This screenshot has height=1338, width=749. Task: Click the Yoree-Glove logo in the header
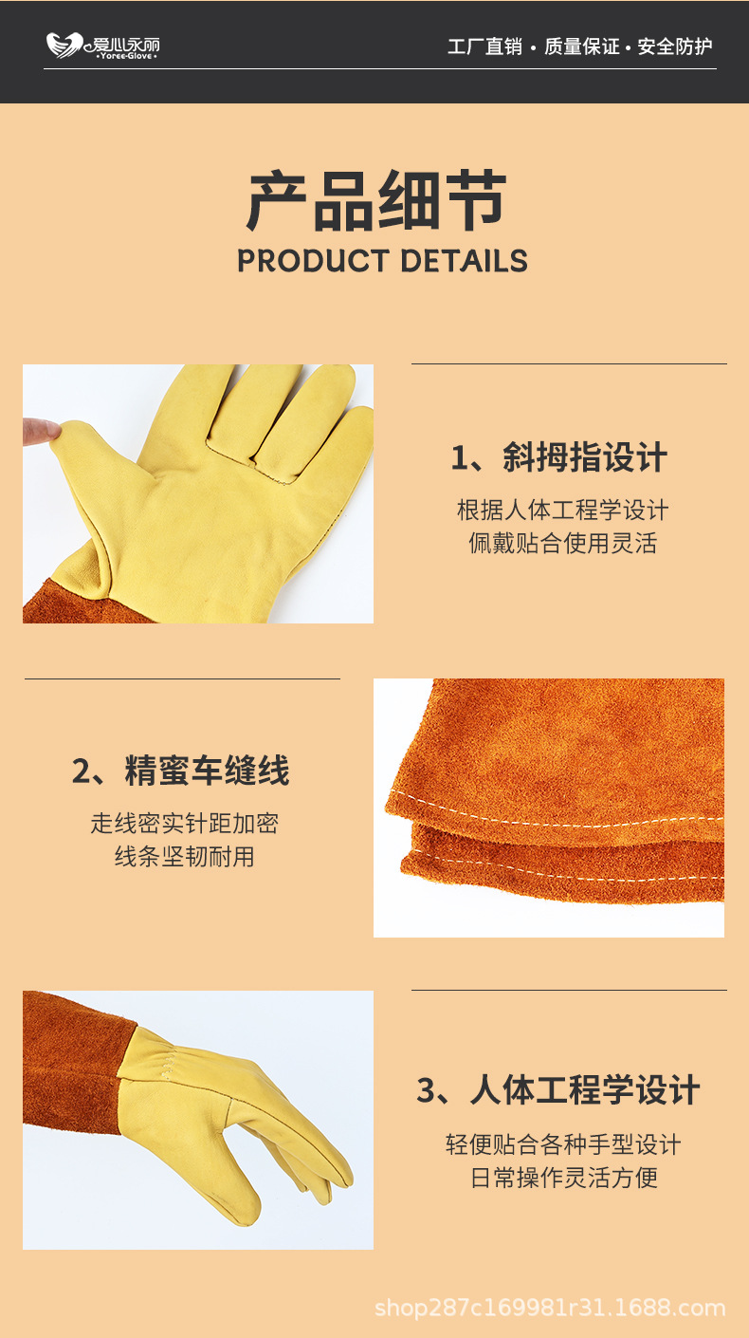pos(102,46)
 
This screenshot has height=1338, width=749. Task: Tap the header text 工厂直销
pos(484,46)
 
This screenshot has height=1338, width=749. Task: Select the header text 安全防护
pos(674,46)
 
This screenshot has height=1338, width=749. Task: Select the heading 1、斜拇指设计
pos(559,458)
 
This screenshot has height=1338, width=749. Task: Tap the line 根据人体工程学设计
pos(563,511)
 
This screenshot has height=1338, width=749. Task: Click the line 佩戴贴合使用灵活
pos(563,544)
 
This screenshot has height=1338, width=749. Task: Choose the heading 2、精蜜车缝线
pos(181,771)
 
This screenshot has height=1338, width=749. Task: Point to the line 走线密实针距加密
pos(185,824)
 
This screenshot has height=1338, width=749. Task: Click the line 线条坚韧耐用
pos(185,857)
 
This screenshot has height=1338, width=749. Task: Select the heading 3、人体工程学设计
pos(558,1090)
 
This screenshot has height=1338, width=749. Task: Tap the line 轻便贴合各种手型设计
pos(563,1144)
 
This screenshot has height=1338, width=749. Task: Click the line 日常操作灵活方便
pos(563,1179)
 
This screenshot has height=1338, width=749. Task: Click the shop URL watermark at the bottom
pos(550,1309)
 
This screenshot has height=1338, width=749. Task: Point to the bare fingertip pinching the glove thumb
pos(38,431)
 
